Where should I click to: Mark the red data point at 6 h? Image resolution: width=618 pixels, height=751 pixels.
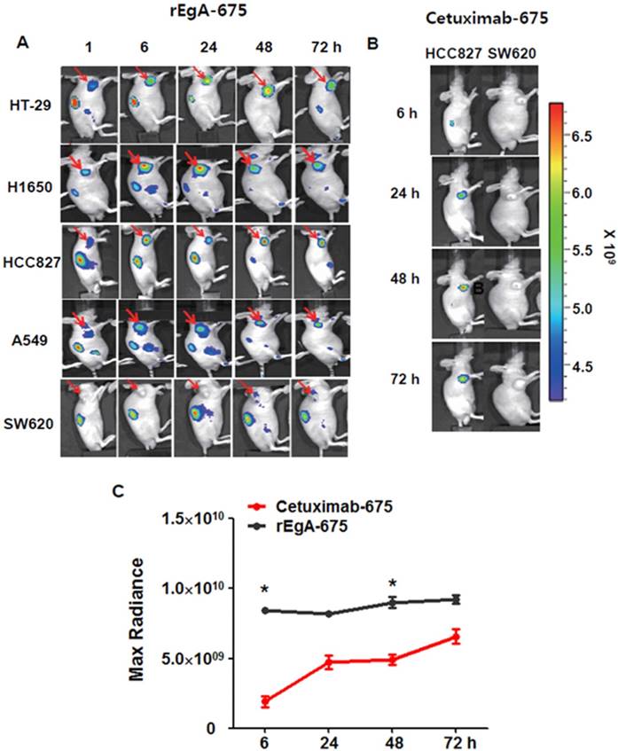265,701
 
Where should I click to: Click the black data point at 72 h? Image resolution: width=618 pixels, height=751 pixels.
457,600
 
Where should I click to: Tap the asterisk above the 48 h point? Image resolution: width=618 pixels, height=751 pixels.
393,583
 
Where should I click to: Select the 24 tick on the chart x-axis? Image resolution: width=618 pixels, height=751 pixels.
329,739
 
